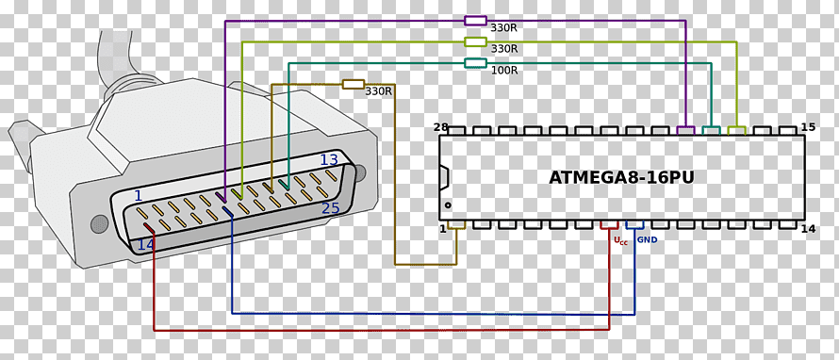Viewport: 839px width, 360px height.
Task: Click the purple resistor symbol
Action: coord(475,21)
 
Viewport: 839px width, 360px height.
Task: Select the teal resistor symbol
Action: coord(475,63)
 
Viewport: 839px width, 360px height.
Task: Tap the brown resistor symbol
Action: coord(354,84)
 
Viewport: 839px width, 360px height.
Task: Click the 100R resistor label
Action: coord(504,70)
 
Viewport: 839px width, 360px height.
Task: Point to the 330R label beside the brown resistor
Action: coord(378,91)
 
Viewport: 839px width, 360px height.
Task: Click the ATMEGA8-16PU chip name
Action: coord(621,177)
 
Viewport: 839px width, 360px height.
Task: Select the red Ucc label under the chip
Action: coord(620,241)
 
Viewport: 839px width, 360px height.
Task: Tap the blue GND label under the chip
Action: coord(647,240)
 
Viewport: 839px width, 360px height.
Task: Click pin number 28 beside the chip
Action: coord(440,127)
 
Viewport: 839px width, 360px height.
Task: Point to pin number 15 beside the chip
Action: coord(808,127)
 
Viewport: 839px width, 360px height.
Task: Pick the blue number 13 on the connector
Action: coord(329,160)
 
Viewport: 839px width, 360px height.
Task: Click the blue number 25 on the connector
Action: coord(331,208)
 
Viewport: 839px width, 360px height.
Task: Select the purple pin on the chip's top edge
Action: coord(685,130)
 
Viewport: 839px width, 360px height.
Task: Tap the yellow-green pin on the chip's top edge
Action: coord(737,130)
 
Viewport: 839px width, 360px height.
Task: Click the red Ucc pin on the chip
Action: coord(609,224)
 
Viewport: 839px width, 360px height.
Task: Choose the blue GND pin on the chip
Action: coord(634,224)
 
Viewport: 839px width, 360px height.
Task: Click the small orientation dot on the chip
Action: coord(448,205)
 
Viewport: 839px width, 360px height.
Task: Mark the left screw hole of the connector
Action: coord(100,223)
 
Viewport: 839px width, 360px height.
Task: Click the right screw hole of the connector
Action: coord(359,172)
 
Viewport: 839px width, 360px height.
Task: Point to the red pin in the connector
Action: coord(149,228)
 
